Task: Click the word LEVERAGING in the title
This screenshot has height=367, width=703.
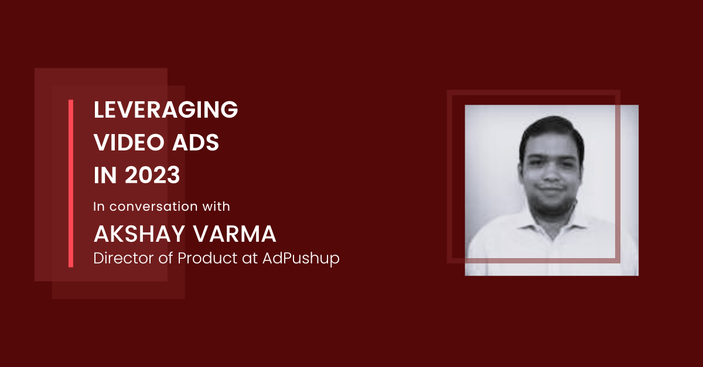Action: tap(166, 109)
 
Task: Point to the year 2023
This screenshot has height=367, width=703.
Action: tap(152, 175)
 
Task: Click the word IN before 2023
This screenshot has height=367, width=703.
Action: tap(105, 175)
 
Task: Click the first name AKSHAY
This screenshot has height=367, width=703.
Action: tap(139, 234)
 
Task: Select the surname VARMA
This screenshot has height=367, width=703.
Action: tap(234, 234)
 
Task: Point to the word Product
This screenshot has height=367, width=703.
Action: tap(207, 258)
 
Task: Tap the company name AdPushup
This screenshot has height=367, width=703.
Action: tap(301, 259)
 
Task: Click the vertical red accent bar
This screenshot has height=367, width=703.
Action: tap(71, 184)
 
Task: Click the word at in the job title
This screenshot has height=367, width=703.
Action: tap(250, 259)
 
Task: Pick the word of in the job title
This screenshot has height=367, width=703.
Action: tap(165, 258)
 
